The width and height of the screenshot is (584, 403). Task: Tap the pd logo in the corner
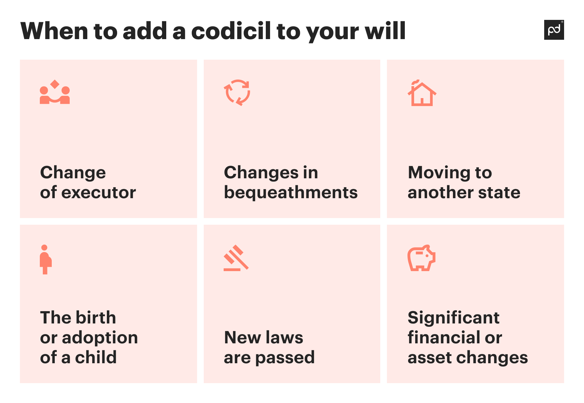click(554, 30)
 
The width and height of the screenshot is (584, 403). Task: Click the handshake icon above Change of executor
click(55, 92)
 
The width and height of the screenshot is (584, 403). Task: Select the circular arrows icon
click(237, 92)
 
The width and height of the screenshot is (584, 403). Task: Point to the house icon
click(422, 93)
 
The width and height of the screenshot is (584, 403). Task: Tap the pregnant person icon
click(45, 259)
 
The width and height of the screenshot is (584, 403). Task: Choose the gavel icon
click(236, 258)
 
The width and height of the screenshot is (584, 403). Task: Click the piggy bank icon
click(421, 258)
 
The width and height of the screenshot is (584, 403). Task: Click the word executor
click(99, 192)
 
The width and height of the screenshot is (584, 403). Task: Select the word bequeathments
click(291, 192)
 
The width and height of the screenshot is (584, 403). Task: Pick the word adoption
click(100, 338)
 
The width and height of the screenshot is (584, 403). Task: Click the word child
click(96, 357)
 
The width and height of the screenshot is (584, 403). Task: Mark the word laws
click(284, 337)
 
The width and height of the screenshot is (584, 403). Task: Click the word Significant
click(453, 318)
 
